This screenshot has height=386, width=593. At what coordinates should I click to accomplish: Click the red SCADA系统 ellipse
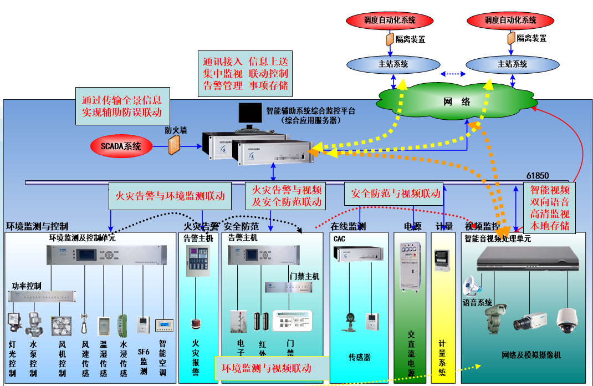pos(120,146)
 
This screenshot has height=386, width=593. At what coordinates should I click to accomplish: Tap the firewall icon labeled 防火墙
pos(176,145)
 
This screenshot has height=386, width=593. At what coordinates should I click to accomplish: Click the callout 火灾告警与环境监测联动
pos(170,196)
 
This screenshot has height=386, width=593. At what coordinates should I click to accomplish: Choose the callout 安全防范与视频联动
pos(396,193)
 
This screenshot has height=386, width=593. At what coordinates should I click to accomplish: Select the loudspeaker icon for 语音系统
pos(471,286)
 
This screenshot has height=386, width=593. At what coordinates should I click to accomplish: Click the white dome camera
pos(567,320)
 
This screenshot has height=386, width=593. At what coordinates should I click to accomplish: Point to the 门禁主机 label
pos(304,276)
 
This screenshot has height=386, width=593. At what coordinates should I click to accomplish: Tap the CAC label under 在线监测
pos(339,238)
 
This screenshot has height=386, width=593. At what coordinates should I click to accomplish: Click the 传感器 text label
pos(359,358)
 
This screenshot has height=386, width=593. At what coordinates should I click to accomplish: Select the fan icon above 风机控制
pos(62,326)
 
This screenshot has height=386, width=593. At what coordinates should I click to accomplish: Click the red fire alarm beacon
pos(195,324)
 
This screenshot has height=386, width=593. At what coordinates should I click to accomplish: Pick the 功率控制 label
pos(27,286)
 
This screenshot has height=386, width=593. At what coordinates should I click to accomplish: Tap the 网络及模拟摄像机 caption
pos(531,355)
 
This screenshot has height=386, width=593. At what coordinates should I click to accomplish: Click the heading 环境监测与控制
pos(37,226)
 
